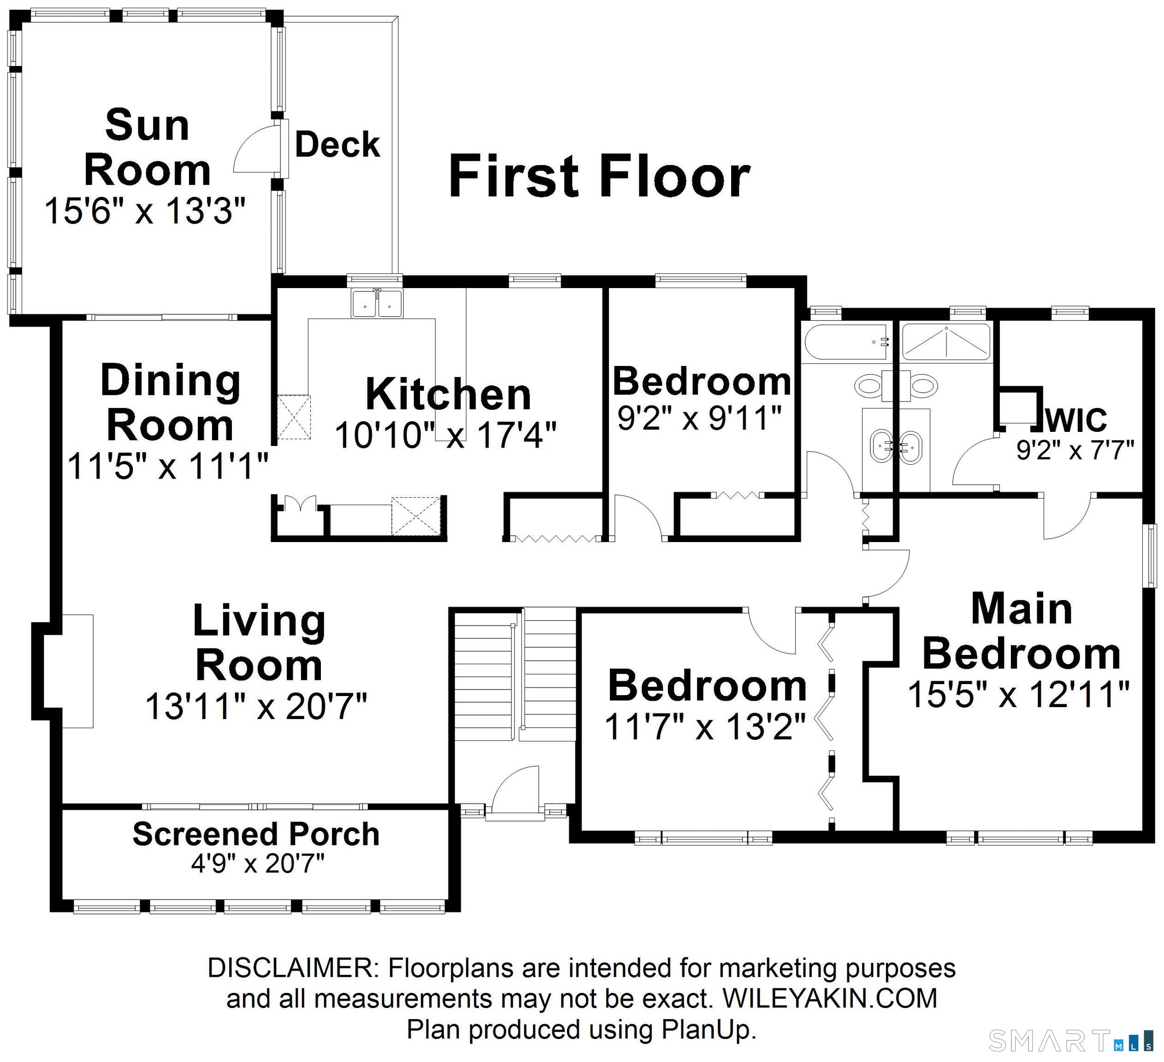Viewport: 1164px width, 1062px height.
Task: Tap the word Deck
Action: (338, 144)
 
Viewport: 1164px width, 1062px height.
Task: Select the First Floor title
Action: (599, 176)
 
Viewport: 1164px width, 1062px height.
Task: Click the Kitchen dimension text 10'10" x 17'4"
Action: (446, 435)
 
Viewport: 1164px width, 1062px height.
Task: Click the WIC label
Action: (1076, 419)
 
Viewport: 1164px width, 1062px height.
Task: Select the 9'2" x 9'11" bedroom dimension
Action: (700, 417)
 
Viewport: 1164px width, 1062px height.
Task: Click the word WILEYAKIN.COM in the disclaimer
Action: (830, 998)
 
